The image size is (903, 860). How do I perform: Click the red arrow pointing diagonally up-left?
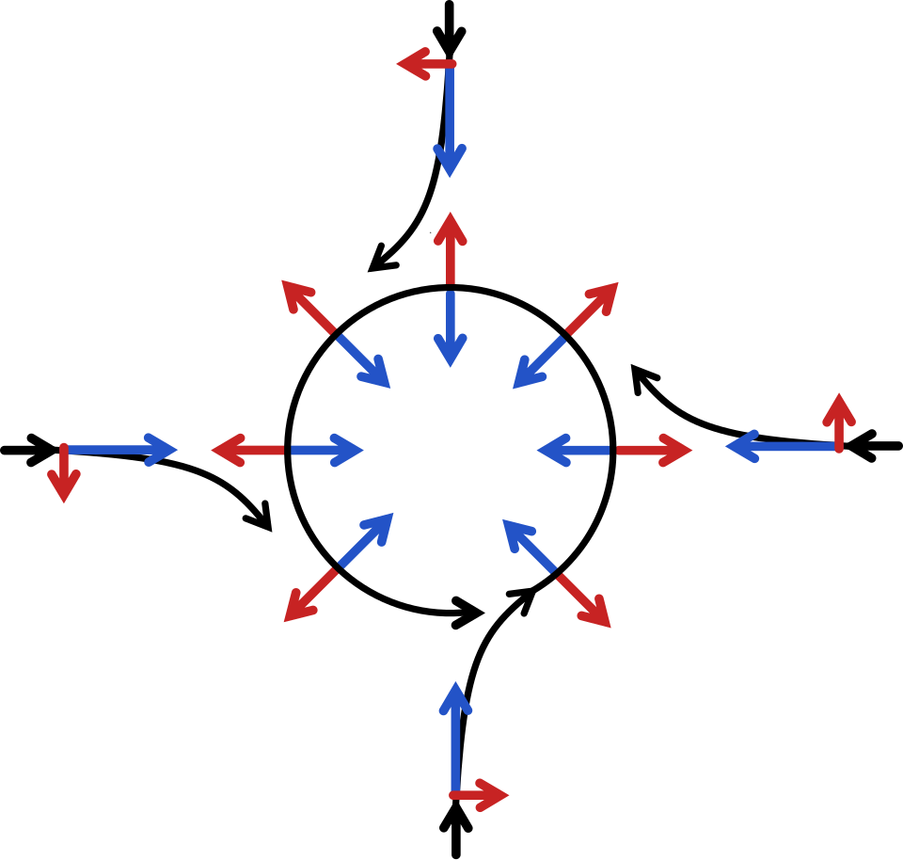308,306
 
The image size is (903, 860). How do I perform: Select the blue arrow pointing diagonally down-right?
364,361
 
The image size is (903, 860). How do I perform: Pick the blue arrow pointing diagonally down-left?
539,362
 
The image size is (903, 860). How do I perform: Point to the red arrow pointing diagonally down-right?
584,600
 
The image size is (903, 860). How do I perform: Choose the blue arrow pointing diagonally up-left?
529,545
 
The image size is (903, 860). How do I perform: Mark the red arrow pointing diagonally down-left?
310,595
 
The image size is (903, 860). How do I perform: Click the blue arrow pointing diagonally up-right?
366,540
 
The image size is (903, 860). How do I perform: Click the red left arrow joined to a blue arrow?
426,64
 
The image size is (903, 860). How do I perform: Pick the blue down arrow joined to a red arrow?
450,122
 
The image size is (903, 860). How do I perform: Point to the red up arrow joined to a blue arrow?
838,422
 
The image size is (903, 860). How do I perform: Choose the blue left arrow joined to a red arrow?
781,446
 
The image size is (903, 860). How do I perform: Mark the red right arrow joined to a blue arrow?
479,795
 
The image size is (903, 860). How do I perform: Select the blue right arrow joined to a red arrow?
122,450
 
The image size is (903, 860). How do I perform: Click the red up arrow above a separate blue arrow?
451,247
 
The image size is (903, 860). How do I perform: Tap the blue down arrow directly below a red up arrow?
451,329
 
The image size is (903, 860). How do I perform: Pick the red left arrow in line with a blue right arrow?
247,450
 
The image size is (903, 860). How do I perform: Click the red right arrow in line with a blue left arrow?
654,451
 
